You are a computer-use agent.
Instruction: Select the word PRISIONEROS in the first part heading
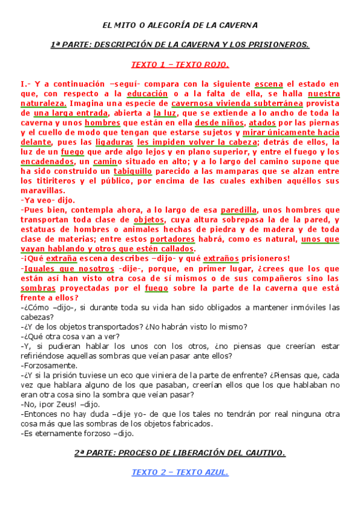279,45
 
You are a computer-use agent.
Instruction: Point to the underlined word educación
147,94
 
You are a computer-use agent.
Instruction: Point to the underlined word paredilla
239,209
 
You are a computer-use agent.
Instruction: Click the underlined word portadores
194,238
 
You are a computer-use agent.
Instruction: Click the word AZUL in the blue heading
215,472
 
